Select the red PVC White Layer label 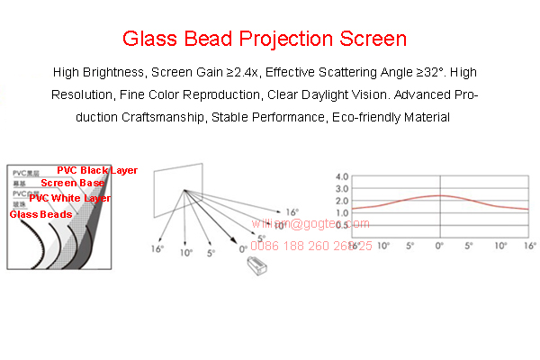pos(70,198)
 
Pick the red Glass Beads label pos(41,214)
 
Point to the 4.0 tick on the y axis pos(342,176)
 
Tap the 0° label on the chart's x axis pos(439,245)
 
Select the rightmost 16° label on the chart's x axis pos(529,245)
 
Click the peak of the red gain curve pos(439,195)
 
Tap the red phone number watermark pos(310,245)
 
